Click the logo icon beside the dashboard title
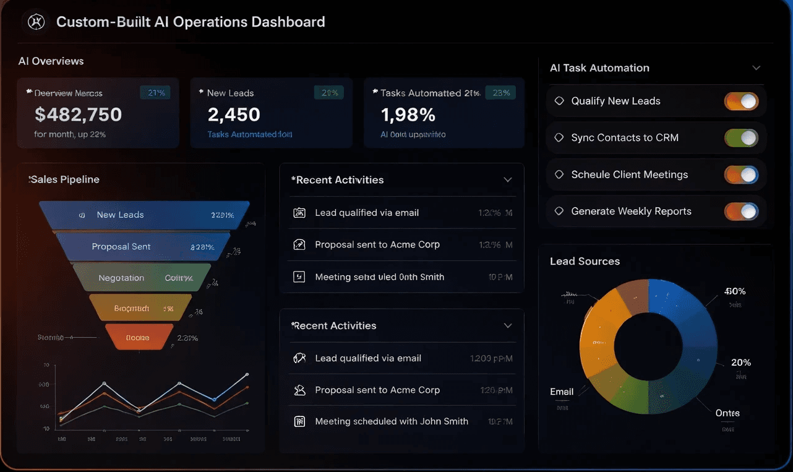(36, 22)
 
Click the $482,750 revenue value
(78, 114)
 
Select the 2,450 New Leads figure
(234, 114)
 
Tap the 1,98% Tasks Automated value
(408, 114)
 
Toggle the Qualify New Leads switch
(741, 101)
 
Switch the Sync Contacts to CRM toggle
(741, 138)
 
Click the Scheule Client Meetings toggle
(741, 175)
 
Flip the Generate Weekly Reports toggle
(741, 212)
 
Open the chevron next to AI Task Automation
(756, 68)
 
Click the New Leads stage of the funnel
(144, 215)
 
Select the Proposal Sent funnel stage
(143, 246)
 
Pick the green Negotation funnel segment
(142, 278)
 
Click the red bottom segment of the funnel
(139, 338)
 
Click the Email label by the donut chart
(562, 392)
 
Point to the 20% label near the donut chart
(740, 363)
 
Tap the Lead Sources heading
(585, 261)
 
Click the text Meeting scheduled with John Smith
(391, 421)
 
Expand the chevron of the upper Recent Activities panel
(508, 180)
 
